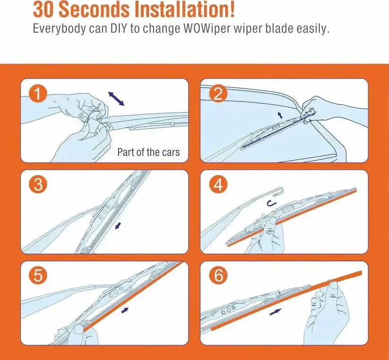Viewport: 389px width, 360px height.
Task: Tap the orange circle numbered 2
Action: tap(218, 94)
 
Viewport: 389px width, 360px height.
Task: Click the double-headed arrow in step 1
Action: tap(116, 99)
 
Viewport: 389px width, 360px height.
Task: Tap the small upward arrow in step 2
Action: tap(280, 114)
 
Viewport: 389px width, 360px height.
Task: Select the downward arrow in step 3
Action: tap(118, 225)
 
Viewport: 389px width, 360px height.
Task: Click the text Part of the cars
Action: tap(148, 153)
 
